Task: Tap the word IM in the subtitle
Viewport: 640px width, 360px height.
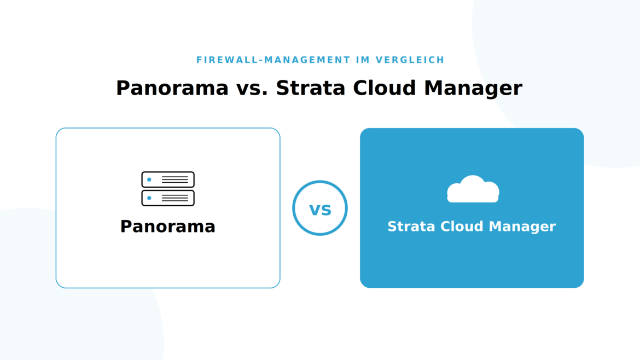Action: [363, 60]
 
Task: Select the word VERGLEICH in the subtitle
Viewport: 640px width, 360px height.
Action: [410, 60]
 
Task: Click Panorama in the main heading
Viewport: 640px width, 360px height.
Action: [172, 88]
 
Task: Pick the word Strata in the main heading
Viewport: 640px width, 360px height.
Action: [311, 88]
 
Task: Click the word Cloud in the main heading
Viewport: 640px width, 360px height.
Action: [385, 88]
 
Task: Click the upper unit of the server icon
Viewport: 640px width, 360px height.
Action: [168, 179]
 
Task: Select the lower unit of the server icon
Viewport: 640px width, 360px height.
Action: [168, 198]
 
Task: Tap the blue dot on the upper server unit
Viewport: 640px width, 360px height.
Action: [149, 179]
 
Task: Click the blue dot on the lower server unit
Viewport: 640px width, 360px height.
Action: [149, 198]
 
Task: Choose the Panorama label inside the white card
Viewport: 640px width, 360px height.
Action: [168, 227]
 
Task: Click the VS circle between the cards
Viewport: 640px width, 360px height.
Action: [320, 182]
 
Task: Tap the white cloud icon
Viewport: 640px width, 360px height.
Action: [473, 189]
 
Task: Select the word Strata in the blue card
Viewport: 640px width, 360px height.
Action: [411, 227]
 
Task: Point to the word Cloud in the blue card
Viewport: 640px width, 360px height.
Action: [462, 227]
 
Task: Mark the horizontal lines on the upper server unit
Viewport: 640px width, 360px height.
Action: [175, 179]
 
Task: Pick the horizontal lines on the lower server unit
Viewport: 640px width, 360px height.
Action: [175, 198]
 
